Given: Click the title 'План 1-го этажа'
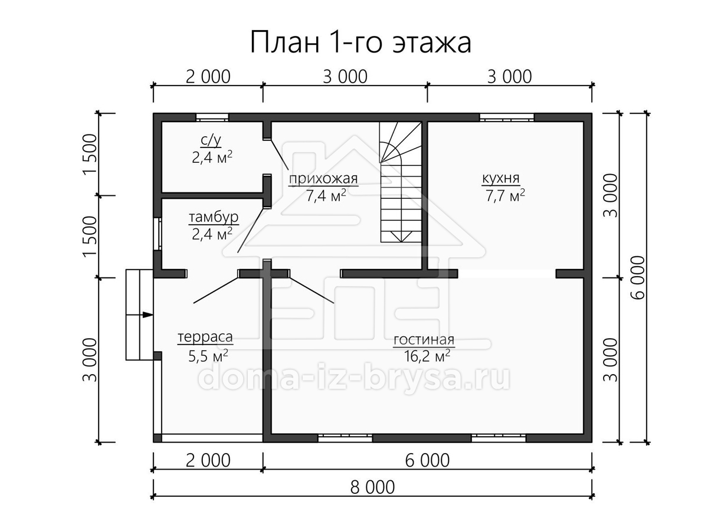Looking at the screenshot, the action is pos(360,42).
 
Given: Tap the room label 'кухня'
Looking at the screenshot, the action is pos(500,178).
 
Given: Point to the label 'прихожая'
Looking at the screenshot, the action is pos(323,178).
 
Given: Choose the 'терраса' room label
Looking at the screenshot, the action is pos(205,337).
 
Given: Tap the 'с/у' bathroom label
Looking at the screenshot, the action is pos(211,140).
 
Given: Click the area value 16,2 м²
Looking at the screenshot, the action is pos(427,356).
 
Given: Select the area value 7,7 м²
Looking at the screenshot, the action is pos(505,196).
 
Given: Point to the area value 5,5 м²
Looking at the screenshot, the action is pos(208,356).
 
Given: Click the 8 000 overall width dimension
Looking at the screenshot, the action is pos(372,487).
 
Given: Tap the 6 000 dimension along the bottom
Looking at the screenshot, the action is pos(427,460).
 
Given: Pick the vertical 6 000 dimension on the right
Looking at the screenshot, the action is pos(638,277).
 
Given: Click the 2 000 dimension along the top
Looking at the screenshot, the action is pos(208,77).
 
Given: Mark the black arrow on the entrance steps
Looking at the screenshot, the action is pos(147,314).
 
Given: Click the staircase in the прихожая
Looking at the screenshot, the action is pos(401,182).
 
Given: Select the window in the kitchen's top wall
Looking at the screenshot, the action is pos(506,117).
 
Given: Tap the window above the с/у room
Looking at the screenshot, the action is pos(212,117).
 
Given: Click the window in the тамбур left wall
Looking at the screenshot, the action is pos(158,234).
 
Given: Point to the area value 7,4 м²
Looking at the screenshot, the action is pos(326,196).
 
